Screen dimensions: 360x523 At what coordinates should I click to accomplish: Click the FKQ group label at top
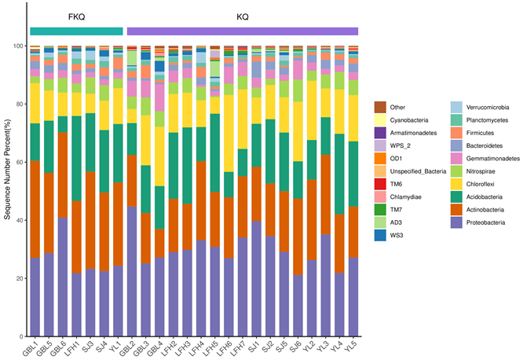[x=75, y=16]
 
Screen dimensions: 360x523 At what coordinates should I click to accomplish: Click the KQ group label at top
[x=242, y=16]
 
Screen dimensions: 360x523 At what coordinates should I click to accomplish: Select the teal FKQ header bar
[x=76, y=31]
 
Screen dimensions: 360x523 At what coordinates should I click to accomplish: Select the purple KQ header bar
[x=242, y=31]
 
